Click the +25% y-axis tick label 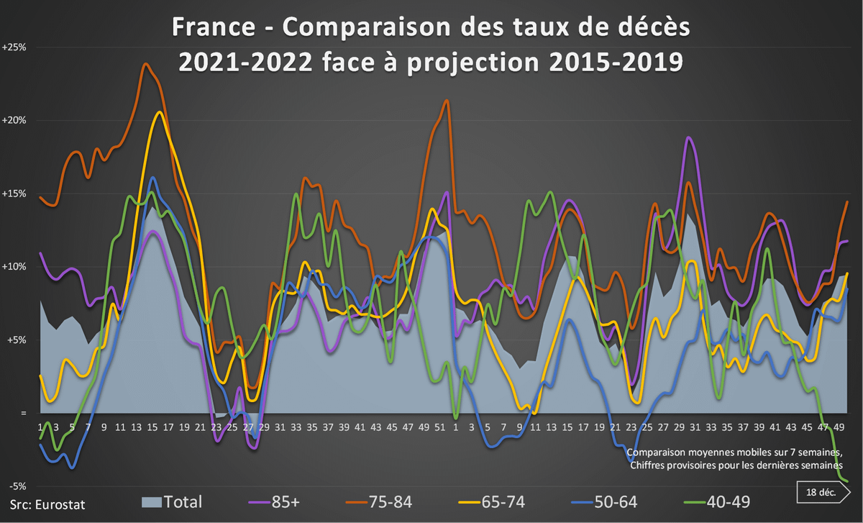14,47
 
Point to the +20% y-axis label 14,120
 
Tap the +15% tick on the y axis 14,194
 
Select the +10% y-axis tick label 14,267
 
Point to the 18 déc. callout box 821,493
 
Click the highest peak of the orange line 146,64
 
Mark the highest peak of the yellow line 159,112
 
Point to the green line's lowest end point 847,481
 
